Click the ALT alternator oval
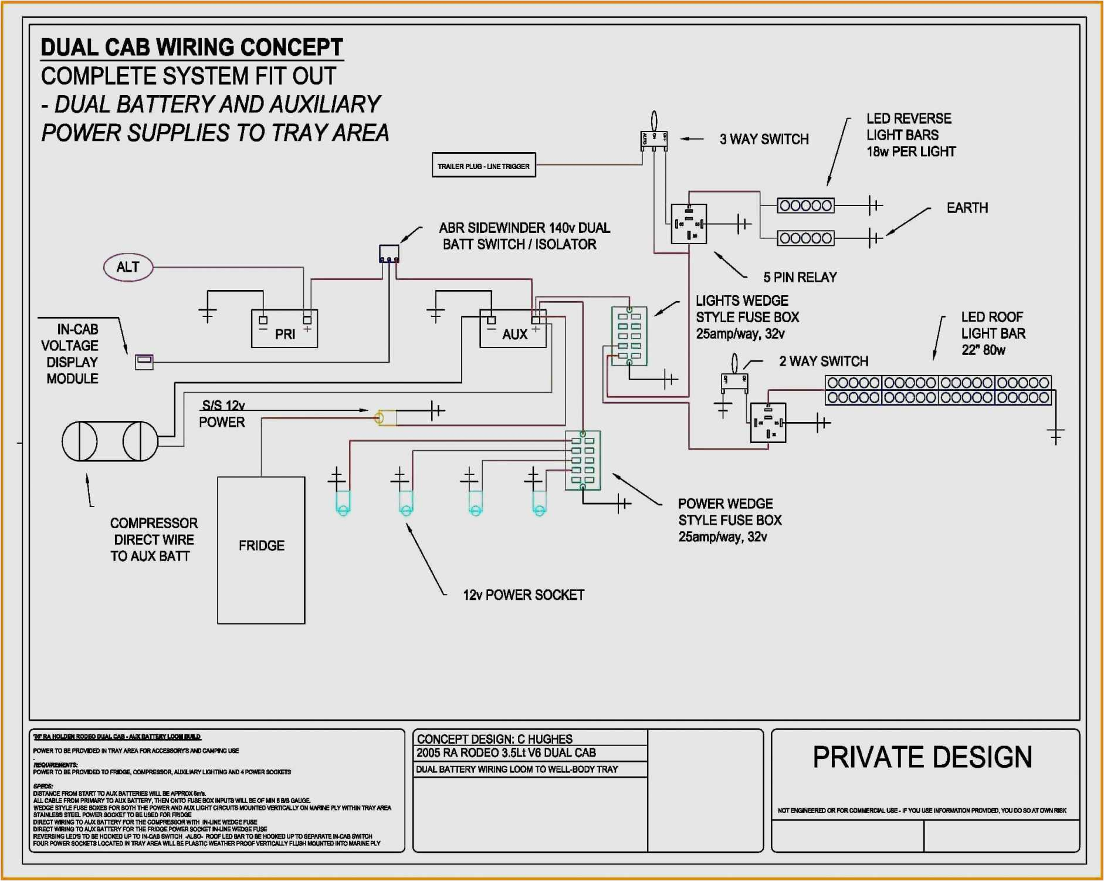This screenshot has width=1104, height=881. pyautogui.click(x=128, y=268)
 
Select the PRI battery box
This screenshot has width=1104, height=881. pyautogui.click(x=285, y=329)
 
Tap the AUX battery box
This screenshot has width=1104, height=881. pyautogui.click(x=513, y=329)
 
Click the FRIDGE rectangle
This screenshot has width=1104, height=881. pyautogui.click(x=261, y=549)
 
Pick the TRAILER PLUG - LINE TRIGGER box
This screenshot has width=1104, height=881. pyautogui.click(x=483, y=166)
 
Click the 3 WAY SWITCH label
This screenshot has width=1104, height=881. pyautogui.click(x=764, y=140)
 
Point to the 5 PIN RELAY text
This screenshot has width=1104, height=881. pyautogui.click(x=800, y=277)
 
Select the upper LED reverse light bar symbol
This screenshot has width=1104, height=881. pyautogui.click(x=805, y=205)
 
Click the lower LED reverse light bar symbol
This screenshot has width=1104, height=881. pyautogui.click(x=805, y=238)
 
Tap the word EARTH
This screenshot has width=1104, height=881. pyautogui.click(x=967, y=208)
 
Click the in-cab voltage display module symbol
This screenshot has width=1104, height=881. pyautogui.click(x=144, y=362)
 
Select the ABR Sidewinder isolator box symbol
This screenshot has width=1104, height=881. pyautogui.click(x=389, y=254)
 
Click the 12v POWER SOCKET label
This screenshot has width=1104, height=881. pyautogui.click(x=523, y=595)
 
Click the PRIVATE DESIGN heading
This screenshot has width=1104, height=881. pyautogui.click(x=922, y=757)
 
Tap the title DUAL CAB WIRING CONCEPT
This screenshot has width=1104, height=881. pyautogui.click(x=192, y=48)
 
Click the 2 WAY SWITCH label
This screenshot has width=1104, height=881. pyautogui.click(x=823, y=362)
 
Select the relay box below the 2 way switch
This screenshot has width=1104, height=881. pyautogui.click(x=768, y=423)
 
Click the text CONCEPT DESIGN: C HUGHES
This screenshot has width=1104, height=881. pyautogui.click(x=495, y=739)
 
